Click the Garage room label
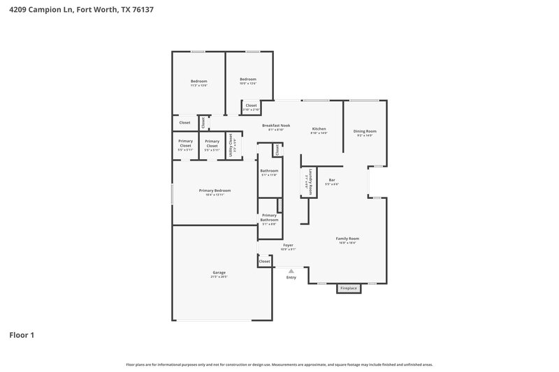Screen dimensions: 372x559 (x=219, y=273)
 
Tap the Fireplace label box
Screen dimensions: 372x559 (x=348, y=288)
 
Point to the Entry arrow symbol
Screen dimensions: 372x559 (x=291, y=270)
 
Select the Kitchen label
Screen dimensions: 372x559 (x=319, y=129)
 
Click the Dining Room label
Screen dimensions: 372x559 (x=365, y=131)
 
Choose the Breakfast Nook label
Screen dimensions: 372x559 (x=276, y=126)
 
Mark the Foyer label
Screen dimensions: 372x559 (x=288, y=245)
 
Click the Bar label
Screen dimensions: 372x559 (x=333, y=180)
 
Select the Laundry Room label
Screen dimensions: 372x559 (x=306, y=184)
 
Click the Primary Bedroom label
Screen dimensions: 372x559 (x=215, y=191)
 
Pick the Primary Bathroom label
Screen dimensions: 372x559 (x=269, y=220)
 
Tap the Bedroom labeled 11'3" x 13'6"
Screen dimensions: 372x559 (x=198, y=82)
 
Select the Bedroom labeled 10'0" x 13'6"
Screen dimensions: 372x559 (x=248, y=80)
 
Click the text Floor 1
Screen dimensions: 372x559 (x=22, y=335)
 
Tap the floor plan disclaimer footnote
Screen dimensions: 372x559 (x=279, y=364)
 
